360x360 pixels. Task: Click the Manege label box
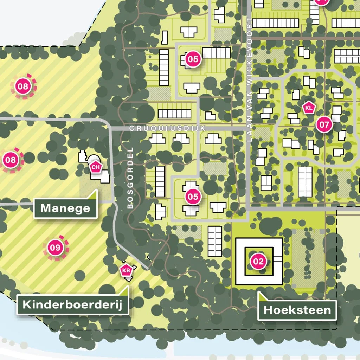(x=65, y=208)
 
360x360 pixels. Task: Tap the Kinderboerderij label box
(x=72, y=304)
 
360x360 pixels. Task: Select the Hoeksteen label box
(x=297, y=310)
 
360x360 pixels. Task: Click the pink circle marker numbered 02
(x=258, y=261)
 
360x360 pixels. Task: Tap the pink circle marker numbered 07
(x=324, y=124)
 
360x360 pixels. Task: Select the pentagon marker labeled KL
(x=309, y=108)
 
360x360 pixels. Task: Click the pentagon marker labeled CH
(x=96, y=167)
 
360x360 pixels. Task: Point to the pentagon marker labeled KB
(x=126, y=270)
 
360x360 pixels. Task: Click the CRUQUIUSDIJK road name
(x=167, y=129)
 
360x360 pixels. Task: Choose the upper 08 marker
(x=23, y=86)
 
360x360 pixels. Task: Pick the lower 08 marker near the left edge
(x=11, y=160)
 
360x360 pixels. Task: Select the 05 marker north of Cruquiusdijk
(x=193, y=59)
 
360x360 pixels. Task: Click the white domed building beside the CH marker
(x=94, y=159)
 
